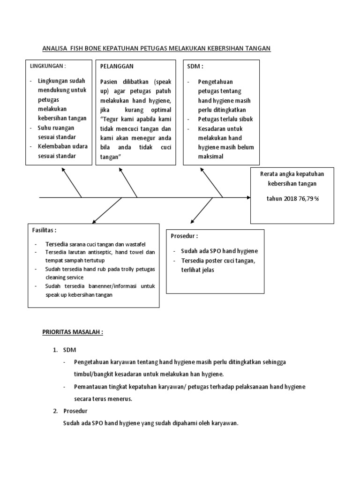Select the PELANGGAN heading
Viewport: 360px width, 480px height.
pyautogui.click(x=117, y=67)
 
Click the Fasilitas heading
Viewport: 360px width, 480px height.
pyautogui.click(x=44, y=230)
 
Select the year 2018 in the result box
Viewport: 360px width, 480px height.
pyautogui.click(x=290, y=198)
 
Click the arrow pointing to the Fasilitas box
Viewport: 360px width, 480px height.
pyautogui.click(x=105, y=210)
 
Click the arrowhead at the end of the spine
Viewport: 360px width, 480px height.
pyautogui.click(x=248, y=198)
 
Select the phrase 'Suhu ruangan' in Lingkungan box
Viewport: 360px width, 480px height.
pyautogui.click(x=56, y=127)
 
